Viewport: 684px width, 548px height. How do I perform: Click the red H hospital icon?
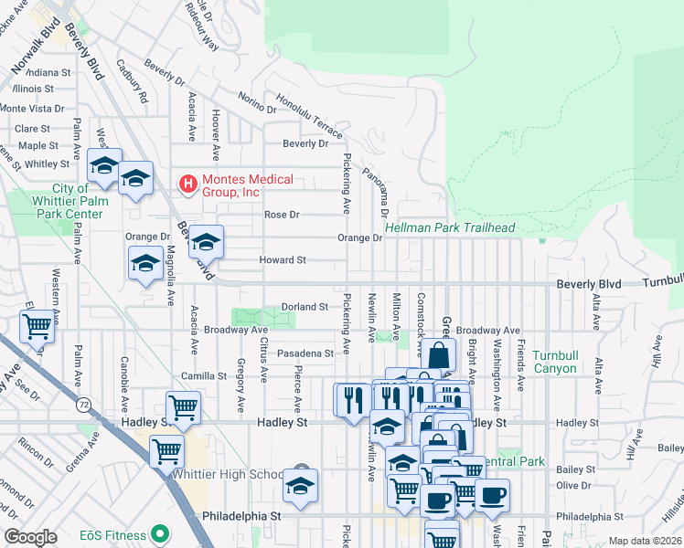188,185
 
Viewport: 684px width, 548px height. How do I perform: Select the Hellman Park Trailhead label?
450,227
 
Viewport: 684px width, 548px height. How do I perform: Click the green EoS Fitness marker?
161,533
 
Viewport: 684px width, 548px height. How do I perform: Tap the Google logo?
30,537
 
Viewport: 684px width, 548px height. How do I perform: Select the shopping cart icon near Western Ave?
37,326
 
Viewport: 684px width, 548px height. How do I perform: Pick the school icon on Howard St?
145,264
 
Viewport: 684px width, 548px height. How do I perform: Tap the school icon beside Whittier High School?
299,487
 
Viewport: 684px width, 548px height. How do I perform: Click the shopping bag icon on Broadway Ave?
439,355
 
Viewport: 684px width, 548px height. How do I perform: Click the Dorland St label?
305,307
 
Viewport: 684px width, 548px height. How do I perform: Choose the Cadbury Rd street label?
132,82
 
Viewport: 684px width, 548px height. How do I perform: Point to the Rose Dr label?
282,215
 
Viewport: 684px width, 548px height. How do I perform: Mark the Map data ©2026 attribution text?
645,541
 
